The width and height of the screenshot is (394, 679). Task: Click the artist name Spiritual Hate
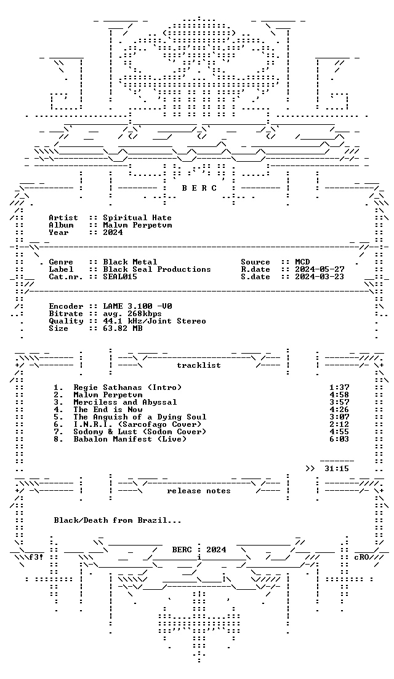[x=137, y=218]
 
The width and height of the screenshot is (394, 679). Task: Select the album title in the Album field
[x=137, y=225]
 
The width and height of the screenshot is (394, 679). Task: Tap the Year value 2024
[x=113, y=232]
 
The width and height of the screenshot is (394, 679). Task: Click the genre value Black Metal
[x=130, y=262]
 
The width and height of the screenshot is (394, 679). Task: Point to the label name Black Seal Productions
[x=156, y=269]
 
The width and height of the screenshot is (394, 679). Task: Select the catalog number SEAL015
[x=120, y=277]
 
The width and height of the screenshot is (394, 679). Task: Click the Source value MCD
[x=302, y=262]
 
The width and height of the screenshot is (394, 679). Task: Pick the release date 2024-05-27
[x=320, y=269]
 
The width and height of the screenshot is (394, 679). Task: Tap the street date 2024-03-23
[x=320, y=277]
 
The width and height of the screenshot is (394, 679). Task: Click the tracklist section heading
[x=198, y=365]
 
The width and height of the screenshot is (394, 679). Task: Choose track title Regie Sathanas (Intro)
[x=127, y=387]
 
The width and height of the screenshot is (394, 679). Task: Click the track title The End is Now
[x=108, y=410]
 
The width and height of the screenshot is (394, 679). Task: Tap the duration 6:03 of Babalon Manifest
[x=339, y=439]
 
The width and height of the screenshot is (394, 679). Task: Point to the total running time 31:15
[x=336, y=469]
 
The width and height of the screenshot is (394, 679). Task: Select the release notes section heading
[x=198, y=491]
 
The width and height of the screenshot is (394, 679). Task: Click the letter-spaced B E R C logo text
[x=199, y=188]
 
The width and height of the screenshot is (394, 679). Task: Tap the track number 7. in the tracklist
[x=58, y=432]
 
